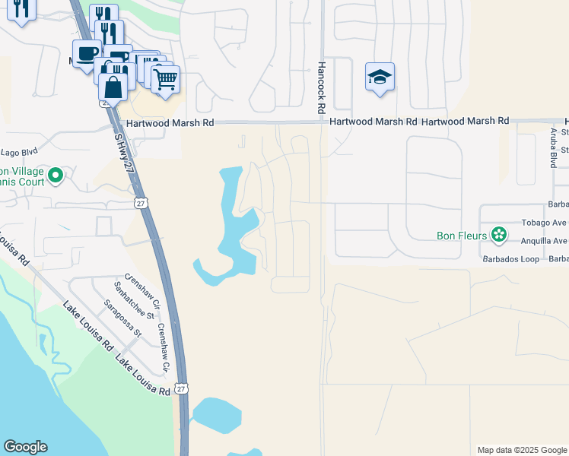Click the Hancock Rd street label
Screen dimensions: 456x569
322,89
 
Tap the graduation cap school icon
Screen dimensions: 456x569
380,77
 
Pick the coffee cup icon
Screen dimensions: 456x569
87,53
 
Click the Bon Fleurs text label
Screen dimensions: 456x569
462,236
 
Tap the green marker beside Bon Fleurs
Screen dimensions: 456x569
499,235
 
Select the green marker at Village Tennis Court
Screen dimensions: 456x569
55,176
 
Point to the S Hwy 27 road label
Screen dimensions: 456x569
122,152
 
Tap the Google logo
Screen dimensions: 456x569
25,447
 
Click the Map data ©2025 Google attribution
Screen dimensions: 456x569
522,450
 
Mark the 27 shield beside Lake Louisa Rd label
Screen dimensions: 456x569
180,388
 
